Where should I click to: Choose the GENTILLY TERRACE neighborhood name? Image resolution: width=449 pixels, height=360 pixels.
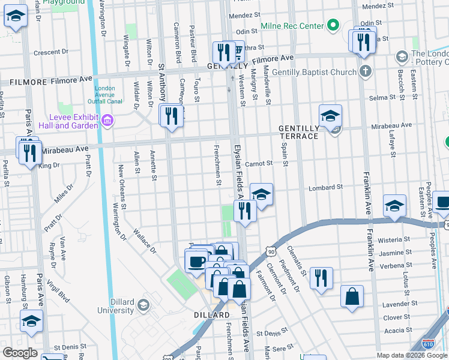pyautogui.click(x=298, y=133)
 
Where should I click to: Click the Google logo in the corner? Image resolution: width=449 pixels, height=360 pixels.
pyautogui.click(x=20, y=353)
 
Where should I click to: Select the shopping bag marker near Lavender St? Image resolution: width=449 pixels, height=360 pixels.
pyautogui.click(x=352, y=296)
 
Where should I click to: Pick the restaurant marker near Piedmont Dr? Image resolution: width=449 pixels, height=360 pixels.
pyautogui.click(x=321, y=277)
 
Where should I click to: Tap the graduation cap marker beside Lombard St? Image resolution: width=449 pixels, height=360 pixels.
pyautogui.click(x=261, y=194)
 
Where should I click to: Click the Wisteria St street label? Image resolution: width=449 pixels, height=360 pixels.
pyautogui.click(x=398, y=239)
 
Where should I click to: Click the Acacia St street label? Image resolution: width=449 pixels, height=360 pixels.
pyautogui.click(x=397, y=329)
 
